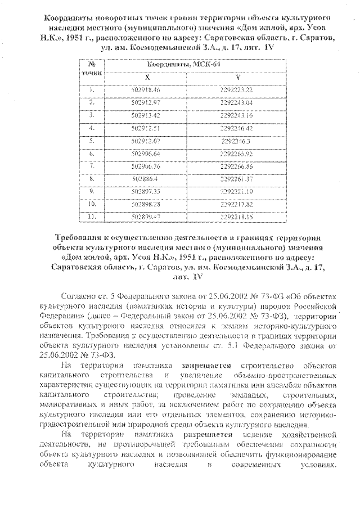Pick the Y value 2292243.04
(237, 102)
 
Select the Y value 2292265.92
(237, 153)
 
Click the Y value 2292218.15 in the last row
(237, 217)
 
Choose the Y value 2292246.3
(237, 141)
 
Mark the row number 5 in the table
(92, 140)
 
